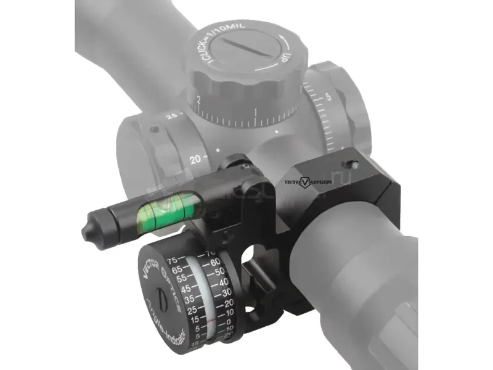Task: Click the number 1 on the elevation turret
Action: [x=255, y=112]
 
